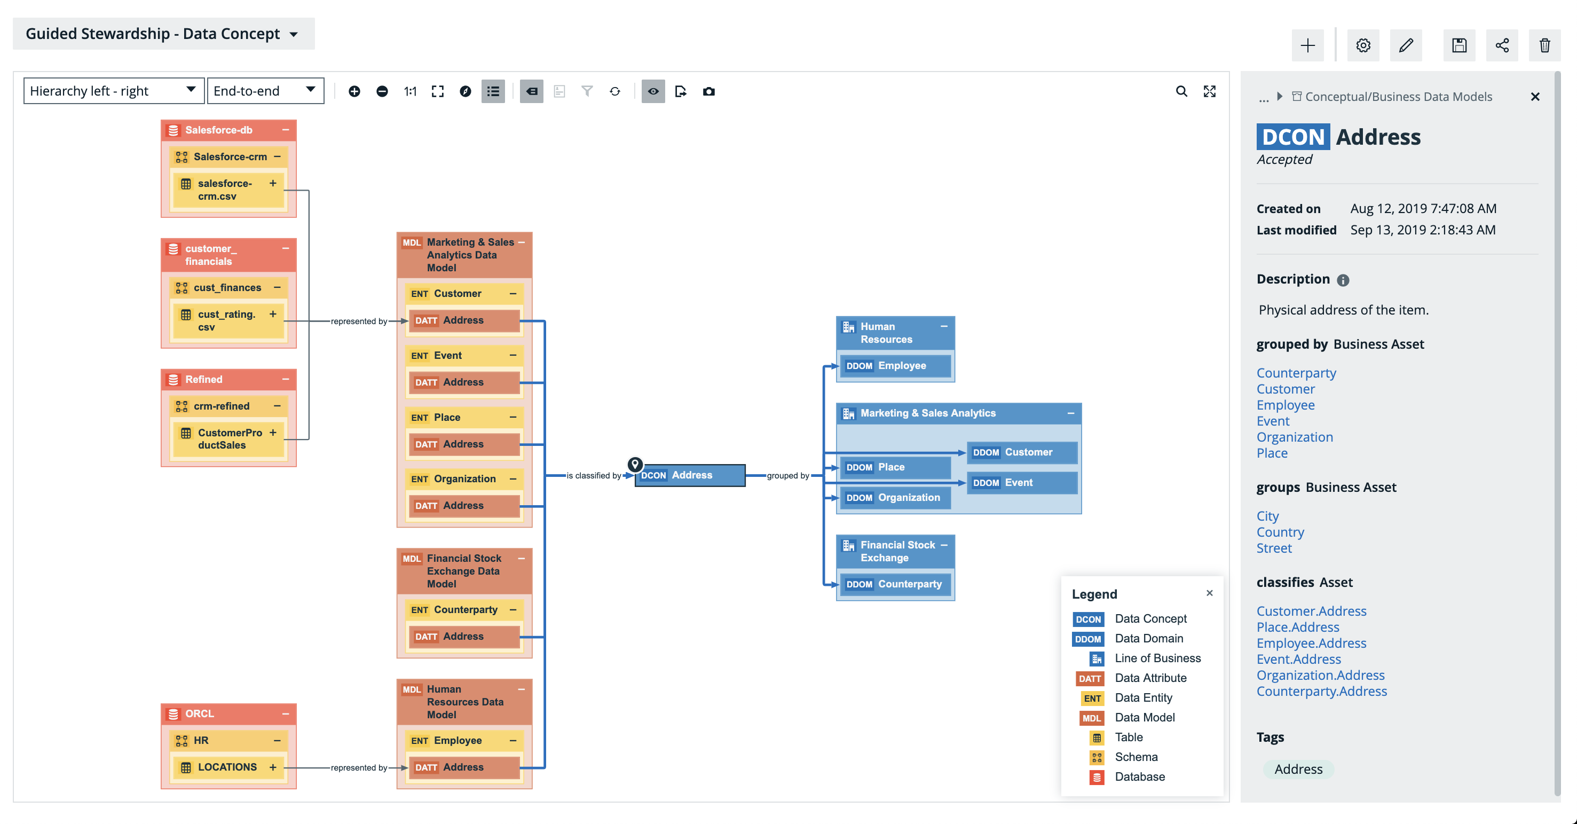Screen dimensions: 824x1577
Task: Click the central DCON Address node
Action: tap(690, 475)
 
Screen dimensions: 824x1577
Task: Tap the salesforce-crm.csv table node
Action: tap(225, 190)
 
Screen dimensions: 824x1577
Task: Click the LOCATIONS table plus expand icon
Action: tap(273, 767)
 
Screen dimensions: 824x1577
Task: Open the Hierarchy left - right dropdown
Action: tap(113, 91)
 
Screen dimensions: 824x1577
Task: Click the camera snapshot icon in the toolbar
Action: tap(708, 91)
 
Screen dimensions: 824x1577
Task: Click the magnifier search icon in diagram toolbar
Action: tap(1181, 91)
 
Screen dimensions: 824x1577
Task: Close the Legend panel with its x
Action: tap(1209, 593)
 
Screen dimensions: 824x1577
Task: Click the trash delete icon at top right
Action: tap(1544, 45)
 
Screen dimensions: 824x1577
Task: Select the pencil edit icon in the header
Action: tap(1406, 45)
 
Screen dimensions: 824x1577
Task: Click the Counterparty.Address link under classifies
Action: tap(1321, 691)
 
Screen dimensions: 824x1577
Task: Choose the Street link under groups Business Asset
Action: tap(1273, 548)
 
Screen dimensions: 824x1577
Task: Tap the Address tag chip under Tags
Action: tap(1298, 769)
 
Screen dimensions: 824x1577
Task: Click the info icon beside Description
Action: tap(1343, 280)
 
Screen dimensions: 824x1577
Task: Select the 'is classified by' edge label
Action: tap(593, 476)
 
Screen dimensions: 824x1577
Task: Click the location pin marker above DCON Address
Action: tap(635, 464)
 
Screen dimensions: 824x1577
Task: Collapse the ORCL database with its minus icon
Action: tap(285, 714)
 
